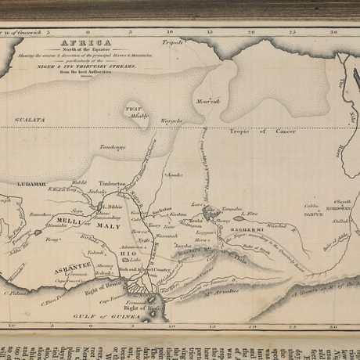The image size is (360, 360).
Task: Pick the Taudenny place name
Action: click(x=113, y=147)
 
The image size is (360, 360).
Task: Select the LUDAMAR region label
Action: click(x=32, y=183)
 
